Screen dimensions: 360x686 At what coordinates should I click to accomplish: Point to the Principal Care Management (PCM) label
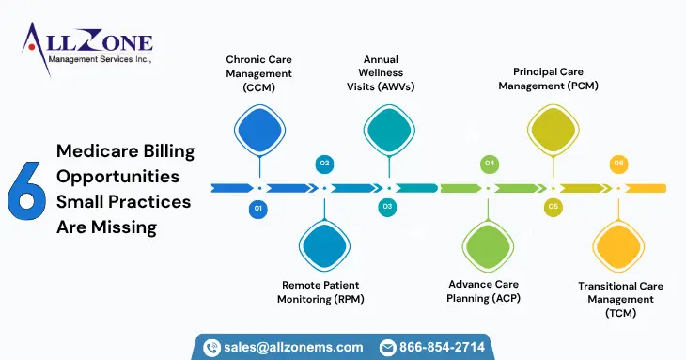coord(555,78)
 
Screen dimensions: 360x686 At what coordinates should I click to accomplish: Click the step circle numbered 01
coord(258,207)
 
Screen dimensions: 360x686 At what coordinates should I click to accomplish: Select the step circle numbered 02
coord(324,164)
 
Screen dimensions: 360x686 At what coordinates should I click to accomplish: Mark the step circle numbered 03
coord(387,207)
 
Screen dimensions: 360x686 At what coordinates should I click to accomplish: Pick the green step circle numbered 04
coord(489,164)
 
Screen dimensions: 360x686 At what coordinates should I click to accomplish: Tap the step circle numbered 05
coord(553,207)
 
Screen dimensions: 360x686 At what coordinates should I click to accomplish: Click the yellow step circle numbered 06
coord(617,164)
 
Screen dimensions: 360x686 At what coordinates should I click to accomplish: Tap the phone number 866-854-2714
coord(442,347)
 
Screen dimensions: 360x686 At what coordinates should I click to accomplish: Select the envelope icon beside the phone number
coord(387,348)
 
